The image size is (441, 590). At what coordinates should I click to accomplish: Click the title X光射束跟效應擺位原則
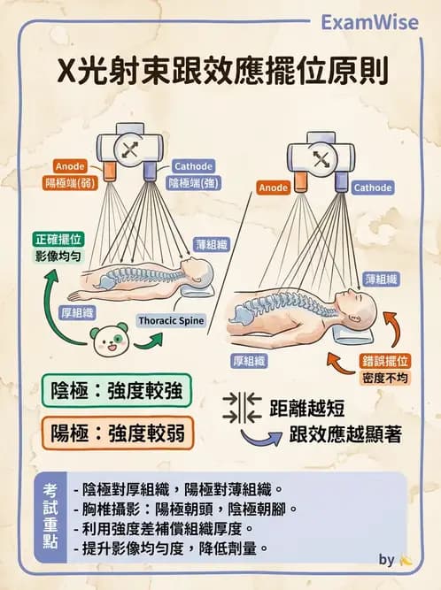tap(220, 71)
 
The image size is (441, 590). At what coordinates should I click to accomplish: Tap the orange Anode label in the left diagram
tap(70, 166)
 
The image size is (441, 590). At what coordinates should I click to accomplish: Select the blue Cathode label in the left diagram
tap(193, 166)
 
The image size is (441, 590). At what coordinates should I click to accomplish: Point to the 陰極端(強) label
tap(193, 183)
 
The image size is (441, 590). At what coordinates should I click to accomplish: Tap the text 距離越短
tap(306, 409)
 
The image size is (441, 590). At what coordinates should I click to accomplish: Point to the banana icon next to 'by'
tap(406, 560)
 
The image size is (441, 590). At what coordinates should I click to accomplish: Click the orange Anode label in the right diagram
tap(275, 188)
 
